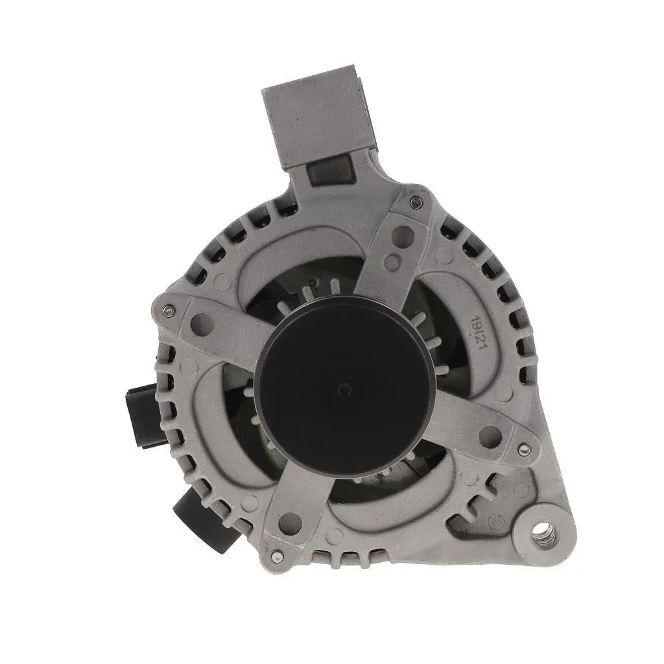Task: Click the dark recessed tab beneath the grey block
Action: pyautogui.click(x=331, y=171)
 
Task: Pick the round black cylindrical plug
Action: pyautogui.click(x=198, y=519)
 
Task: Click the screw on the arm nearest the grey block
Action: pyautogui.click(x=416, y=203)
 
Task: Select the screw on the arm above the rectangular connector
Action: pyautogui.click(x=168, y=311)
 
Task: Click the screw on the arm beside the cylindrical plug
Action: pyautogui.click(x=278, y=556)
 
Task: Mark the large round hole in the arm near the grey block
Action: pyautogui.click(x=403, y=235)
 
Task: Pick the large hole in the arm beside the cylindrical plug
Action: pyautogui.click(x=289, y=523)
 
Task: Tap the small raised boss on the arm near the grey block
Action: pyautogui.click(x=392, y=262)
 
